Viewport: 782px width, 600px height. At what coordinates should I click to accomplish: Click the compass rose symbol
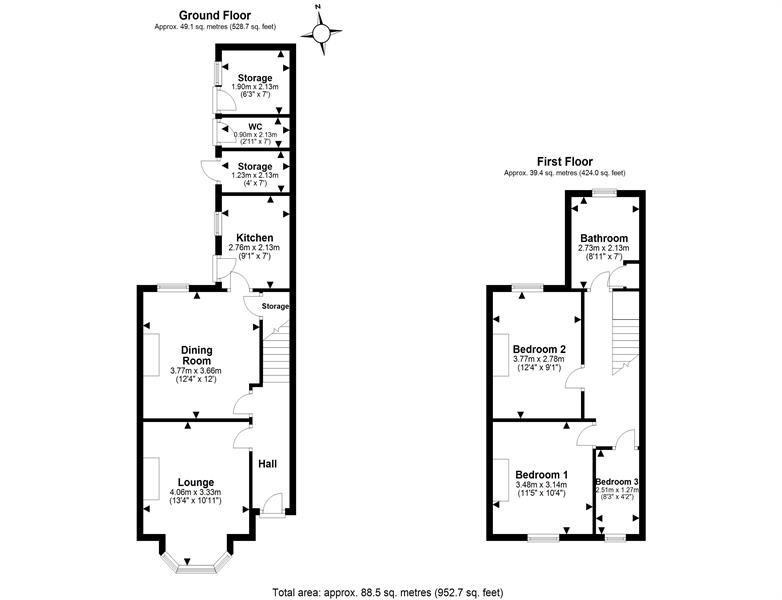[322, 33]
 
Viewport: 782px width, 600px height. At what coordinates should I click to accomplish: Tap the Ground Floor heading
[215, 16]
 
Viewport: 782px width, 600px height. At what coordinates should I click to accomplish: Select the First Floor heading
[565, 162]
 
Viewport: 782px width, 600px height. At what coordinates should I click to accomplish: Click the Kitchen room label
[254, 238]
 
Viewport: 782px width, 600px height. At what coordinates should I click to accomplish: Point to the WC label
[255, 127]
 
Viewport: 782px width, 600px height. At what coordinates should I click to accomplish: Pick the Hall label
[267, 464]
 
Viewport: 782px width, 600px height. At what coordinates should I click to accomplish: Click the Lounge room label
[196, 482]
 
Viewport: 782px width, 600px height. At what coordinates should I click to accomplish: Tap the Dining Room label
[196, 355]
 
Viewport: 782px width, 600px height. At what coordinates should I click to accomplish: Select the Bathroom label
[604, 238]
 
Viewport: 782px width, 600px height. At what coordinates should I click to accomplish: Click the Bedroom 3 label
[617, 482]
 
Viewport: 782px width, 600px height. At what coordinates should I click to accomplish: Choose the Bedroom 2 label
[539, 349]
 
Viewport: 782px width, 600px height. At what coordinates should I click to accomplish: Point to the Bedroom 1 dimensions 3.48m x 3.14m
[542, 484]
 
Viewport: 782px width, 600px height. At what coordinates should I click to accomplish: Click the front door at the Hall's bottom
[272, 514]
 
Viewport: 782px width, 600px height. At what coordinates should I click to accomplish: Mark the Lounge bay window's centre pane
[196, 569]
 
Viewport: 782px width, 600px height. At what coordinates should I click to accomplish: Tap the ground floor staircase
[276, 352]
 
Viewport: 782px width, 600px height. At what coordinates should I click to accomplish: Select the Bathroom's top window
[604, 193]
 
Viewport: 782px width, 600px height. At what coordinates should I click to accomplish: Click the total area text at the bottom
[388, 593]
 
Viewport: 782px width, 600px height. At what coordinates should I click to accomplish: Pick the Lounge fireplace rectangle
[152, 479]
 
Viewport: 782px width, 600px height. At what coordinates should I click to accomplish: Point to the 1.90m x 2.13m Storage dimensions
[255, 87]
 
